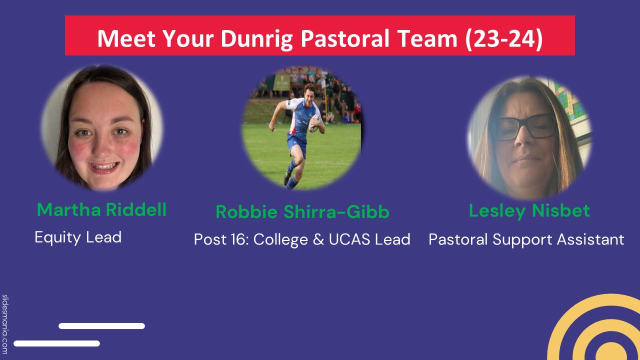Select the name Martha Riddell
click(x=101, y=209)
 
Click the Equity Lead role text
click(x=78, y=236)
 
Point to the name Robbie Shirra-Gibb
click(x=302, y=212)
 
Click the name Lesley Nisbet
click(x=529, y=210)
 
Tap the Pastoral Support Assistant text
click(x=526, y=239)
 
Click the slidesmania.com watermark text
click(x=5, y=324)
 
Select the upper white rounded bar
click(x=101, y=326)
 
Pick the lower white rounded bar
click(x=56, y=343)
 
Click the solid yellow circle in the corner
click(x=611, y=352)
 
